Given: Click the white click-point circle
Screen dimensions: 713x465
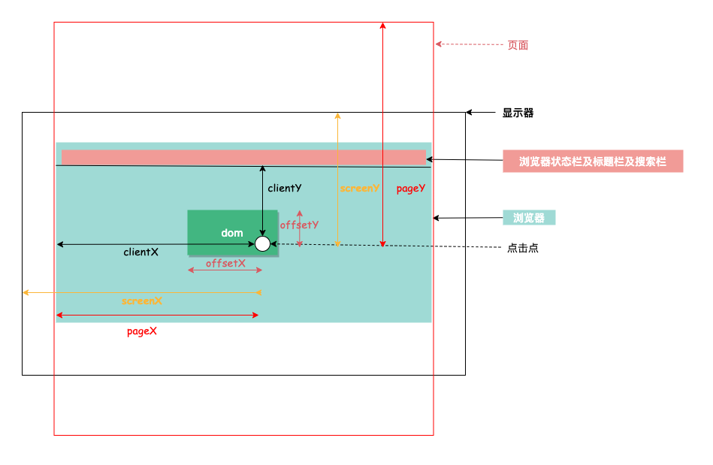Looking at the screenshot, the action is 262,244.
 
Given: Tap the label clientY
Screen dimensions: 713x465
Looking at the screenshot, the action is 285,189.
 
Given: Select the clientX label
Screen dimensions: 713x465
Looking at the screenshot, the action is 141,252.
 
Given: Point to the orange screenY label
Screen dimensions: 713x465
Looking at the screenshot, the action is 360,189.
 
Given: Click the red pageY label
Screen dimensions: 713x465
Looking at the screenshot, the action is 411,189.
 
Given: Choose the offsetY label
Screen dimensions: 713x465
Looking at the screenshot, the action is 299,225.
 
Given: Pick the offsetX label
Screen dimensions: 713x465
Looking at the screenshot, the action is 225,263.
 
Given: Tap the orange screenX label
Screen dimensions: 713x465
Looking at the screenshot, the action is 142,301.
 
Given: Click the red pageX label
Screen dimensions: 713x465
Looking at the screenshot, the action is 142,331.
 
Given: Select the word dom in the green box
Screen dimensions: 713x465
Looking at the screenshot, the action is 232,233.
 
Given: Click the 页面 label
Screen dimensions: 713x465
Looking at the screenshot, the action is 518,46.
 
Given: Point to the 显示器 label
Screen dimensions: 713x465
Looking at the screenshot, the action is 518,113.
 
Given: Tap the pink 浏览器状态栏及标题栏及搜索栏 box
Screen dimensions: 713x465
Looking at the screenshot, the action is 593,162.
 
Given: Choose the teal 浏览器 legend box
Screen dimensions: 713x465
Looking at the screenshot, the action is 529,218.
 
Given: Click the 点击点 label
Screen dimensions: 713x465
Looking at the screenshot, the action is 523,248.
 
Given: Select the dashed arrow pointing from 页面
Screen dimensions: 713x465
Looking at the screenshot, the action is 470,44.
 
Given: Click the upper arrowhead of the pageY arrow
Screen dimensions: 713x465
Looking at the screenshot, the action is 383,25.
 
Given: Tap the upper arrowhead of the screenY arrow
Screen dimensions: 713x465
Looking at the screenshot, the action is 338,116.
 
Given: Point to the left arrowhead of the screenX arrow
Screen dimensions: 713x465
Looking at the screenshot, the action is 26,293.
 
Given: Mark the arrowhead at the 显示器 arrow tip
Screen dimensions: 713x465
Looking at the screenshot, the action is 470,112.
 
